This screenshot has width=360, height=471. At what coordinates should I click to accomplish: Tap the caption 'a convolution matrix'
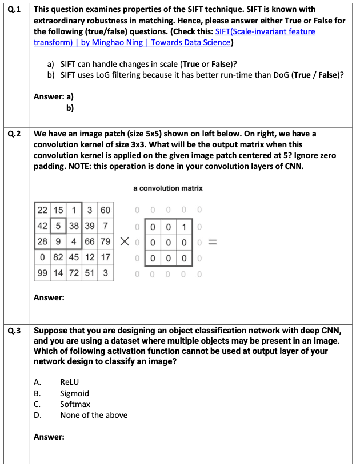pos(168,188)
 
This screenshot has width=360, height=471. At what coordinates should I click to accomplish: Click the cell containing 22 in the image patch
pos(42,210)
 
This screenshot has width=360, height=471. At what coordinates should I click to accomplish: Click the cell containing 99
pos(42,273)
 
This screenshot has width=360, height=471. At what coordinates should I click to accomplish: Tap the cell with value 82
pos(58,257)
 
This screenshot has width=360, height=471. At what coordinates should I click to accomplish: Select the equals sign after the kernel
pos(212,242)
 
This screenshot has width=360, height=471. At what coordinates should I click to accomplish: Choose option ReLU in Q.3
pos(69,382)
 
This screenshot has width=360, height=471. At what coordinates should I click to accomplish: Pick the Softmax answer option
pos(75,404)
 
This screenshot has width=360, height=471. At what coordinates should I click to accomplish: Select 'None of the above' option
pos(94,415)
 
